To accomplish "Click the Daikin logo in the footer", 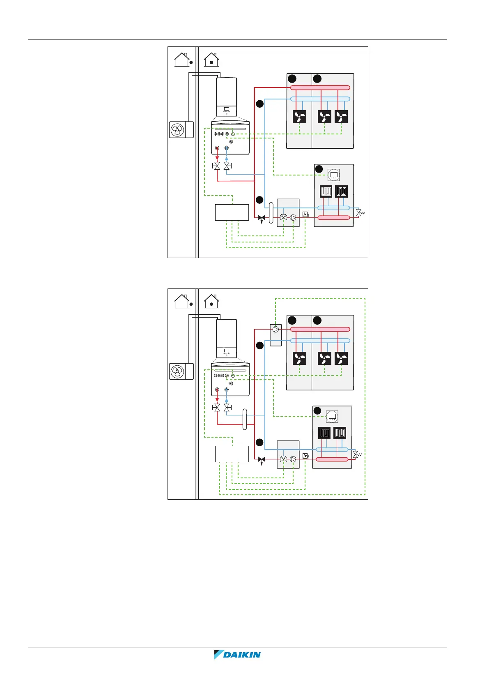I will [237, 655].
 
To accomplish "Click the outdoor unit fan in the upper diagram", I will [177, 130].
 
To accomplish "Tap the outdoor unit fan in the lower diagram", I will [177, 371].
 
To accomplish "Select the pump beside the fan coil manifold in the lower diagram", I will [276, 330].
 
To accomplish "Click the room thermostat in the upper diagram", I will [334, 175].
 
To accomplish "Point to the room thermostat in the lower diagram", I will [332, 417].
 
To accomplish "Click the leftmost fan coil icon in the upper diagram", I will [299, 117].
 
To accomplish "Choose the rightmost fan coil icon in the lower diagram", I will [341, 359].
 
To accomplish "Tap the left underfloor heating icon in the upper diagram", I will [326, 191].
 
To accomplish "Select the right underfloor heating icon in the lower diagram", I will [340, 433].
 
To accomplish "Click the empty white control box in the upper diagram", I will [232, 212].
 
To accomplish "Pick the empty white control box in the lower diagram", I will [232, 454].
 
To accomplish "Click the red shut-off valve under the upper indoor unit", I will [217, 166].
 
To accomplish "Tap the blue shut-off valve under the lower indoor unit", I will [227, 408].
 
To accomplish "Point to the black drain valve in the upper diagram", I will [262, 218].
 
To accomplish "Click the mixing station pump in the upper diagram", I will [293, 218].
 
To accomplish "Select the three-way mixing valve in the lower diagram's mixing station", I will [283, 459].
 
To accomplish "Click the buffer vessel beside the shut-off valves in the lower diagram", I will [245, 419].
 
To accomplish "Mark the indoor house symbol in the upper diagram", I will [211, 60].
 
